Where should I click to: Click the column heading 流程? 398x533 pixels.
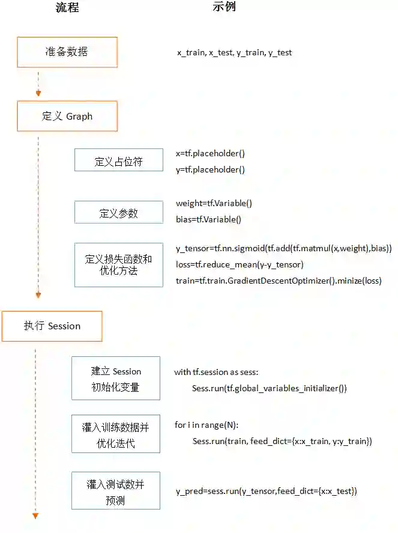(x=66, y=8)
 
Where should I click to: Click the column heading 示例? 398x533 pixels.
(x=224, y=7)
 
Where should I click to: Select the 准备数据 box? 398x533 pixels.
(x=67, y=52)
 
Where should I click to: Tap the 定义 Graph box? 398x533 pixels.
(x=67, y=116)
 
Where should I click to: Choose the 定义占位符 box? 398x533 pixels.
(x=118, y=162)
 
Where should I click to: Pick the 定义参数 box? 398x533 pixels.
(x=118, y=213)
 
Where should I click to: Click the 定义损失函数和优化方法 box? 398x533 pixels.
(x=118, y=265)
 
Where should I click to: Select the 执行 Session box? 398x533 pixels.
(x=52, y=326)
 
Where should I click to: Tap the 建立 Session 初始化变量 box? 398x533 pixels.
(x=116, y=379)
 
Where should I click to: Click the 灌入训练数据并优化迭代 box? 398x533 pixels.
(x=116, y=434)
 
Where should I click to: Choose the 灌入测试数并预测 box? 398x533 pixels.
(x=116, y=491)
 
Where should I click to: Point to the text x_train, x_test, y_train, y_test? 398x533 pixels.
(x=234, y=53)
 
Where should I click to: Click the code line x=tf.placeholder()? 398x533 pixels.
(x=210, y=154)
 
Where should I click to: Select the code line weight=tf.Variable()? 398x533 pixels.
(x=214, y=204)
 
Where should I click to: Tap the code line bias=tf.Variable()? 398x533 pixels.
(x=208, y=219)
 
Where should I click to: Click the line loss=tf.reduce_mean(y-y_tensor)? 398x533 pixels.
(x=240, y=264)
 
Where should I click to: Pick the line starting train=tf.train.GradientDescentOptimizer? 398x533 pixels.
(x=278, y=281)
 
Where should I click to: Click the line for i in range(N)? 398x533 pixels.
(x=207, y=425)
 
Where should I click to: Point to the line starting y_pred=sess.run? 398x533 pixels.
(x=266, y=492)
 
